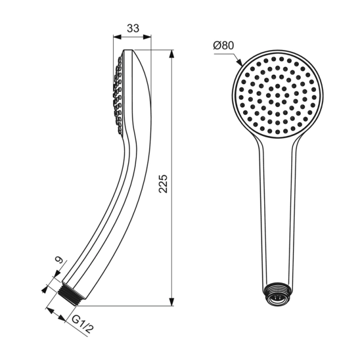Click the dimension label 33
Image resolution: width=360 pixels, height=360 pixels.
132,27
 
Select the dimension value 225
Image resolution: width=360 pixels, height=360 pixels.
164,184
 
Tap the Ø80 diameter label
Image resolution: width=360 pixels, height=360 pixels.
224,45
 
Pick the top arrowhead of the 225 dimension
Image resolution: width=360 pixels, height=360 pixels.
172,54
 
